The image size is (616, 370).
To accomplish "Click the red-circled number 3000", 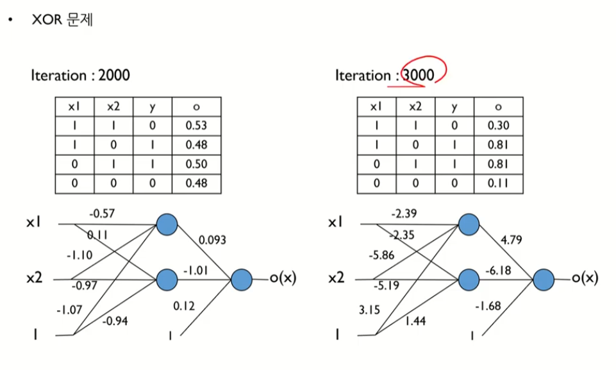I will (419, 75).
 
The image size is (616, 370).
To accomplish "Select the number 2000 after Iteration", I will (114, 75).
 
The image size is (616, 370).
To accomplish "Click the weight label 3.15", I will (370, 311).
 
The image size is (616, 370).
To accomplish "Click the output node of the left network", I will (242, 280).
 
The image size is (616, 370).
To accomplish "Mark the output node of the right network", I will (544, 280).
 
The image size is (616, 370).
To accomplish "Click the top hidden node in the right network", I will (469, 224).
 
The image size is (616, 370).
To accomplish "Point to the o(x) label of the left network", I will (281, 279).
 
